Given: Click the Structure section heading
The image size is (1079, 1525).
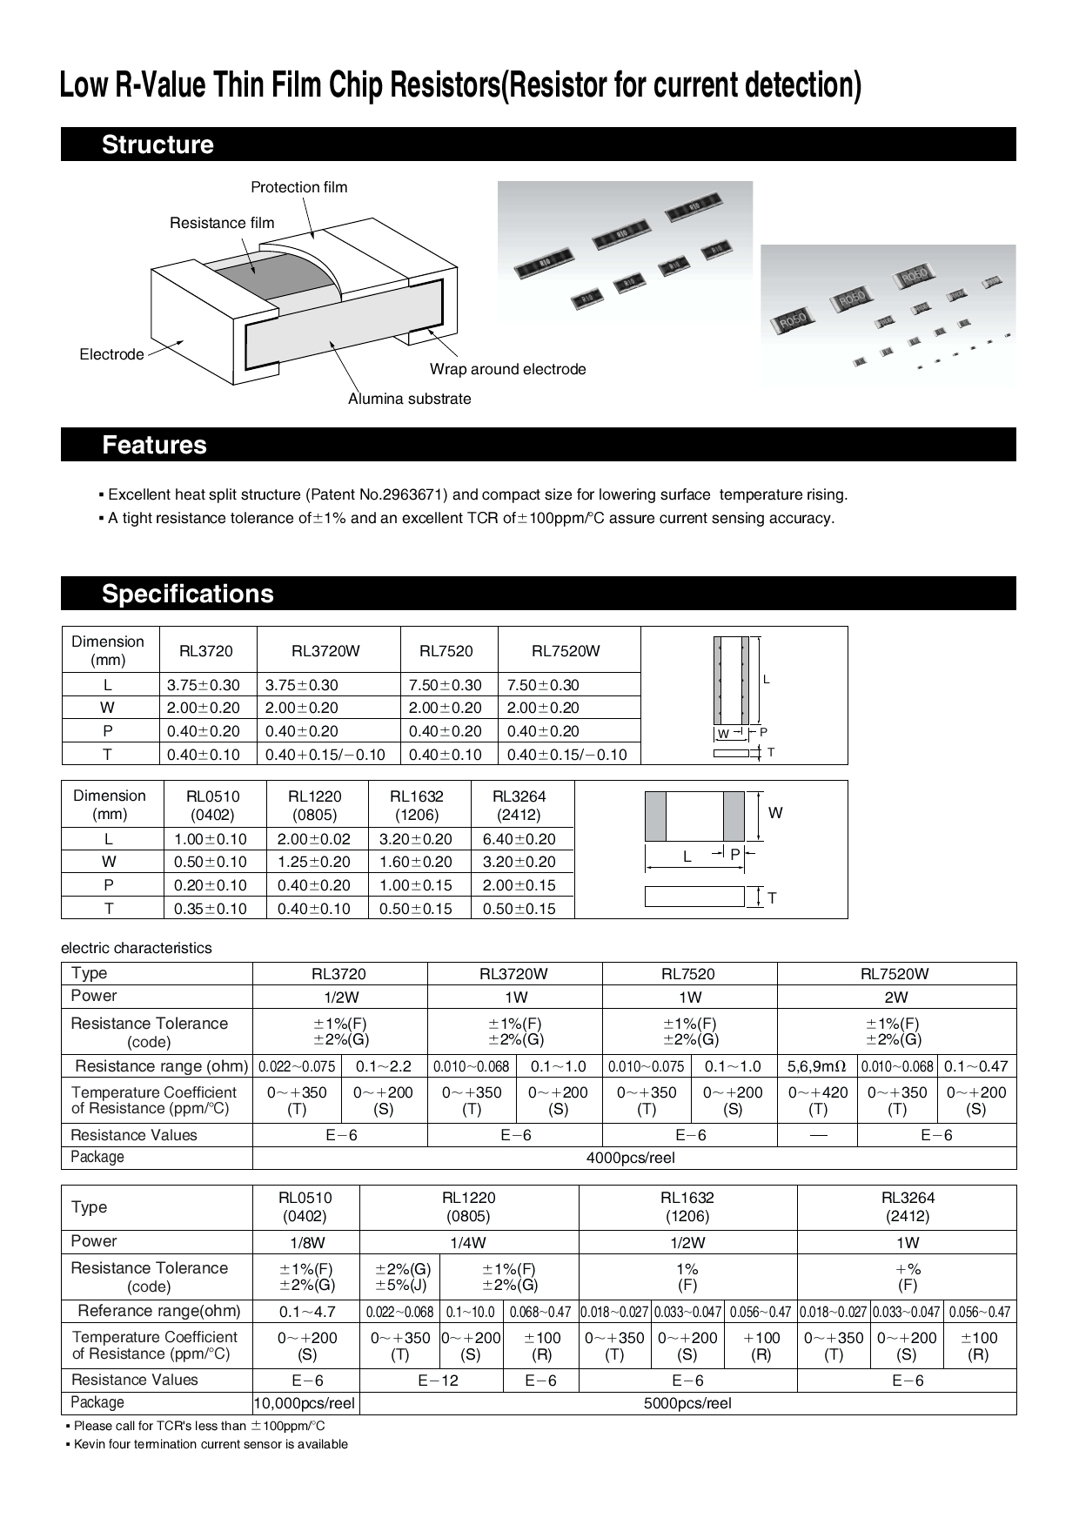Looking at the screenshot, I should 157,144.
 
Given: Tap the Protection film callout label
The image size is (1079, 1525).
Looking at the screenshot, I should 298,187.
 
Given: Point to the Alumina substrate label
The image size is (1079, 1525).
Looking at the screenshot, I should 409,399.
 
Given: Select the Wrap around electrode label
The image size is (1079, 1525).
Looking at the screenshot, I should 507,369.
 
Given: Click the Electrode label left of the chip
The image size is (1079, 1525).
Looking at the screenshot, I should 111,354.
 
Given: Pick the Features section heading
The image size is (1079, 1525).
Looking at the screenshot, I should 154,445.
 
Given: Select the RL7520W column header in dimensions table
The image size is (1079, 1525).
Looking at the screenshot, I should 566,651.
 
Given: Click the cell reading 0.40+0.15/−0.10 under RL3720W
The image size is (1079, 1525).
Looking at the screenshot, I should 325,755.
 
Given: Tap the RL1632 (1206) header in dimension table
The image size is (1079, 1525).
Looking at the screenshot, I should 417,805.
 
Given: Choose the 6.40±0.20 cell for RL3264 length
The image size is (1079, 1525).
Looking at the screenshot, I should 519,839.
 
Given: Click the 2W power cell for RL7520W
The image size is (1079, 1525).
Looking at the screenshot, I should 895,998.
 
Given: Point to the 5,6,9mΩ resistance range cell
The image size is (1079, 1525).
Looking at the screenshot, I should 816,1066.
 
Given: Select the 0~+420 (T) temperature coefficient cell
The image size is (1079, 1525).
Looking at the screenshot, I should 817,1100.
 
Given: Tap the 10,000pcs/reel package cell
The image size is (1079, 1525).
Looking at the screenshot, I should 305,1403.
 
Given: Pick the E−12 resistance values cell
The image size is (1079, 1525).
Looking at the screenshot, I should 439,1381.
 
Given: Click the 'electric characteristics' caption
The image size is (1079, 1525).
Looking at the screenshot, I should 137,948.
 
